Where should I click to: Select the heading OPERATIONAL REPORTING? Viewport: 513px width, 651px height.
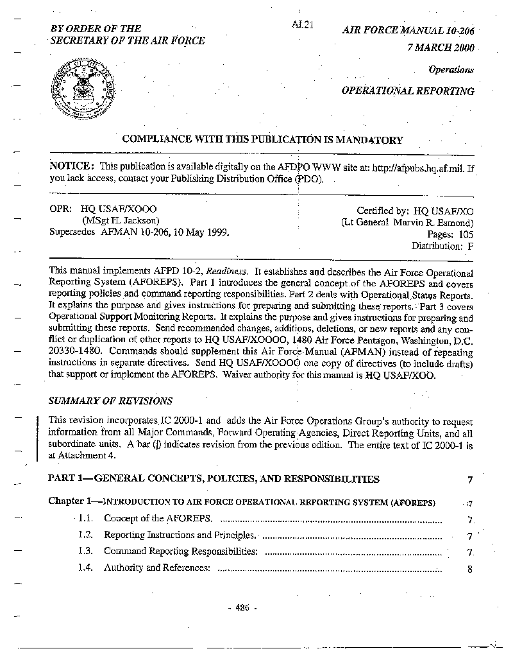click(407, 91)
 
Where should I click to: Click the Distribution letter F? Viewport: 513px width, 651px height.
click(470, 245)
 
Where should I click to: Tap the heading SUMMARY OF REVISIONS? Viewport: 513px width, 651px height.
click(110, 401)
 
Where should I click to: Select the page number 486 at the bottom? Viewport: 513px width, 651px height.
click(242, 608)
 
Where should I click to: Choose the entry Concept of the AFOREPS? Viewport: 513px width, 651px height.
click(158, 519)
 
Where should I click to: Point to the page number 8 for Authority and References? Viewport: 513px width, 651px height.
click(470, 569)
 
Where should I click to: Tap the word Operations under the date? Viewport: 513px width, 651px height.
click(451, 70)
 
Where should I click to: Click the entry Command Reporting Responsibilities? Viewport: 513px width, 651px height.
click(181, 551)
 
